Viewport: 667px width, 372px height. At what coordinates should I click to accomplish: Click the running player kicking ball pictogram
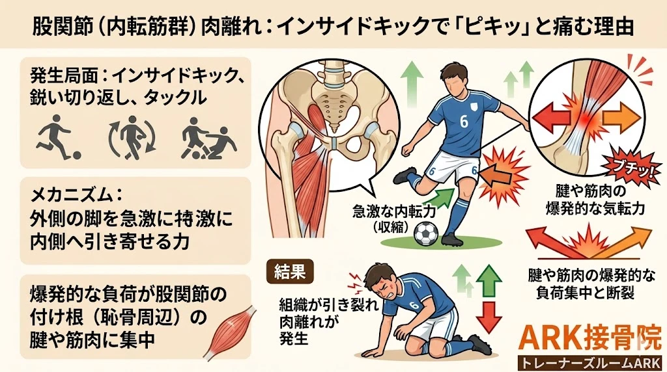(57, 139)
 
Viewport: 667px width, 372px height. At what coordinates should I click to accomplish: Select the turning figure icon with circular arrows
(131, 137)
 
